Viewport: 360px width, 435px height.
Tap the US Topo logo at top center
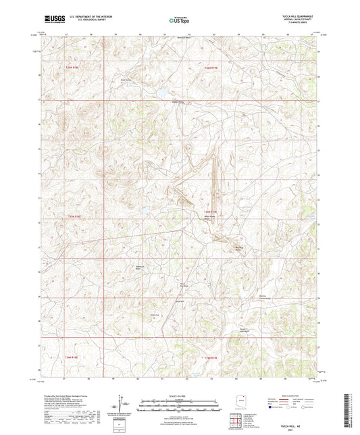pyautogui.click(x=180, y=20)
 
